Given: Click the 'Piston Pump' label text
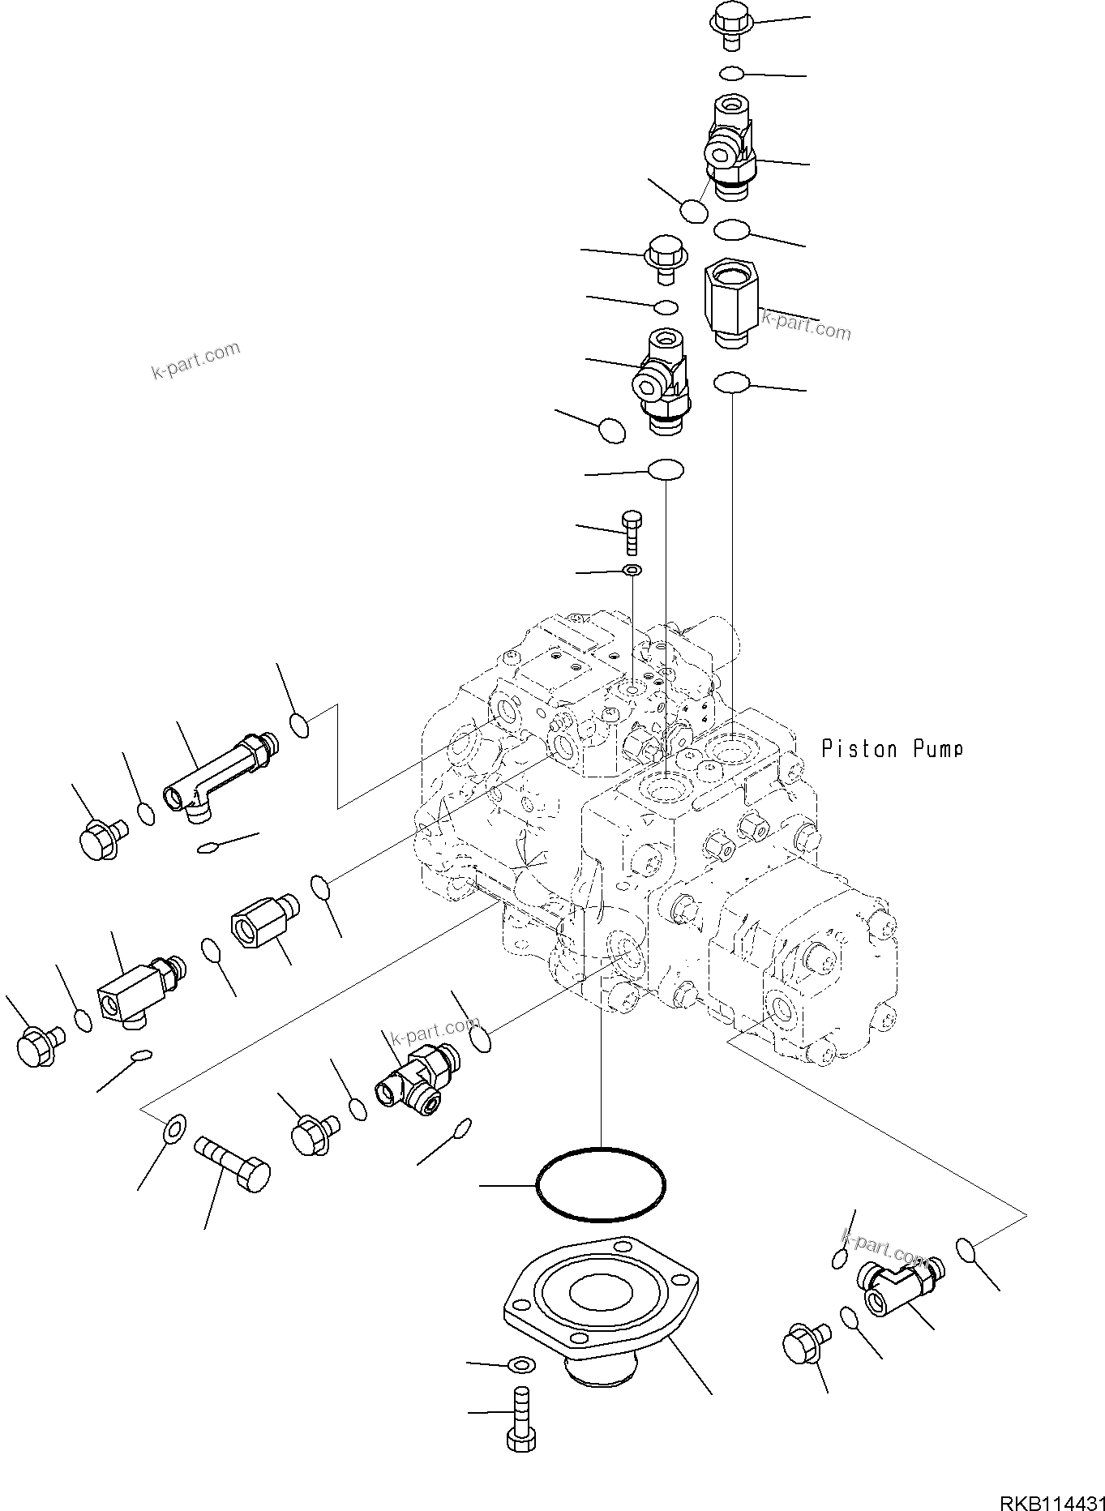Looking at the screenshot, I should pos(892,748).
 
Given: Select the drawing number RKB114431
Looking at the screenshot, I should pos(1051,1496).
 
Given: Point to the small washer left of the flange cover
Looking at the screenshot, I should pos(519,1365).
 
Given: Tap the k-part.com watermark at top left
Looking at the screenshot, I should pos(196,361).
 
